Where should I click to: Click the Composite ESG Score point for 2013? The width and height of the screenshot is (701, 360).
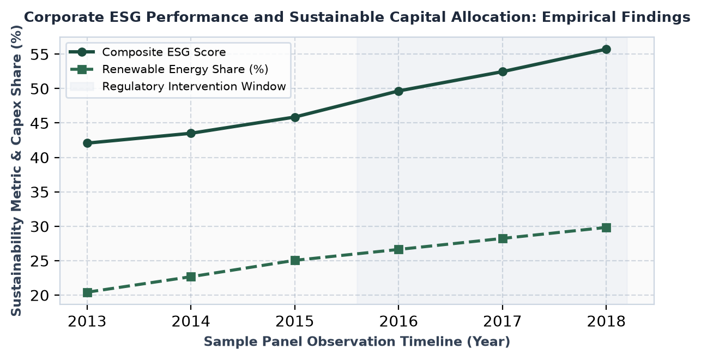pos(87,143)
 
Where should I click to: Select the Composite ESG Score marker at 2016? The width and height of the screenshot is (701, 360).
pos(398,91)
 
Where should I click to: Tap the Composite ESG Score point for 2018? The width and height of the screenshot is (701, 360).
pos(606,49)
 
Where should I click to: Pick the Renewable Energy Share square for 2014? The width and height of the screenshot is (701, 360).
pos(191,277)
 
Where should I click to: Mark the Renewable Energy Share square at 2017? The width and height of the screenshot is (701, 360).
pos(502,238)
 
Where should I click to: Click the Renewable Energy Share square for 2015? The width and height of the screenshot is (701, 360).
pos(295,260)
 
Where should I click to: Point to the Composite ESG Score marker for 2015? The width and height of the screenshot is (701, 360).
pos(295,117)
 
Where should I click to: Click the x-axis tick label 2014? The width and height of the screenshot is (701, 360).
pos(191,321)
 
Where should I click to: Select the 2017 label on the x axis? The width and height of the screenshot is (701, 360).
pos(502,321)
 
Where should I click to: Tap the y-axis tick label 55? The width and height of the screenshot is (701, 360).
pos(40,54)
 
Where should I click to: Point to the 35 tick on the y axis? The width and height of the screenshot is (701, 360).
pos(40,192)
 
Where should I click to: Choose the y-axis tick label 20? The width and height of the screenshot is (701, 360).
pos(40,295)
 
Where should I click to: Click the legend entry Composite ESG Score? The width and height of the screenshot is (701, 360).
pos(164,52)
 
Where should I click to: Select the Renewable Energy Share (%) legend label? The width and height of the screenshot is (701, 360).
pos(185,69)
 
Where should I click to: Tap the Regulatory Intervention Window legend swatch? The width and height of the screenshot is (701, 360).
pos(82,86)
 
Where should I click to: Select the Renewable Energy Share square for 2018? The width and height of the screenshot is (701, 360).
pos(606,227)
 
